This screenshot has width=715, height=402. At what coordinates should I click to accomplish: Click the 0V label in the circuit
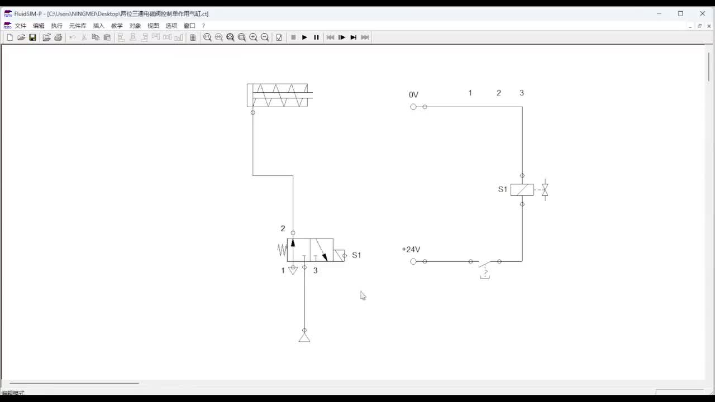pos(413,95)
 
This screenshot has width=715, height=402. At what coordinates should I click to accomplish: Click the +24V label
pos(411,250)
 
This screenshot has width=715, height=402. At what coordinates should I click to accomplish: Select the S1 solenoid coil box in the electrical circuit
pos(522,190)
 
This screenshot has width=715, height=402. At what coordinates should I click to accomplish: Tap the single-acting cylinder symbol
pos(278,95)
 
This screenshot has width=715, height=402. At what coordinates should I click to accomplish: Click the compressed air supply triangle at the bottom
pos(304,337)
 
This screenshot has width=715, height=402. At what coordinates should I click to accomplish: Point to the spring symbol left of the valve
pos(282,250)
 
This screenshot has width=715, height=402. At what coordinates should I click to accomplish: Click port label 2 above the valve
pos(283,228)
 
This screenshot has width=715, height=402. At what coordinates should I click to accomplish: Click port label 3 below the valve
pos(315,270)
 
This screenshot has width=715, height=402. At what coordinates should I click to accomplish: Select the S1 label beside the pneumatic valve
pos(356,255)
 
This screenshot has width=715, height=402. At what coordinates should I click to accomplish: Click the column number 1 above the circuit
pos(470,93)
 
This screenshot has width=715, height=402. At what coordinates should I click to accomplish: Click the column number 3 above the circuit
pos(522,93)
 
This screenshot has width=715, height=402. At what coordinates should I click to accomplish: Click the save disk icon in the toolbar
pos(32,37)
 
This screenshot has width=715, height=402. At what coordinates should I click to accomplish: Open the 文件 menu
pos(21,26)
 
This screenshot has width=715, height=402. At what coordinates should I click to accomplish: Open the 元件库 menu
pos(78,26)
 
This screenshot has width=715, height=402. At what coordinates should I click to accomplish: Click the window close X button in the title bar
pos(703,13)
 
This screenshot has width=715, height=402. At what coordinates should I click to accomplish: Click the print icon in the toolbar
pos(58,37)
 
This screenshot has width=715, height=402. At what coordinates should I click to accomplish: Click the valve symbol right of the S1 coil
pos(545,190)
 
